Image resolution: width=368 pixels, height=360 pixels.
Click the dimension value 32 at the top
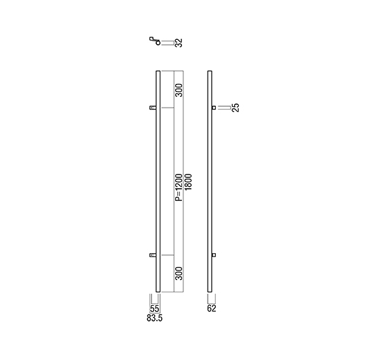pyautogui.click(x=179, y=43)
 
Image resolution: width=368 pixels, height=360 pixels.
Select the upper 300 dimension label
pyautogui.click(x=179, y=90)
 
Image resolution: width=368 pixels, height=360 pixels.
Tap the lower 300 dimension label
pyautogui.click(x=179, y=273)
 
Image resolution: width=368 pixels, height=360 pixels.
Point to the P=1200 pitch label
pyautogui.click(x=179, y=187)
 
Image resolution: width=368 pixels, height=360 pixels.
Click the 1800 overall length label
pyautogui.click(x=188, y=182)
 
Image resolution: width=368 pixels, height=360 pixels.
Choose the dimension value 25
pyautogui.click(x=235, y=108)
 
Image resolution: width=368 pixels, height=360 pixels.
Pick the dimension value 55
pyautogui.click(x=154, y=309)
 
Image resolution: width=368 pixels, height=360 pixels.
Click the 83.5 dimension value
pyautogui.click(x=154, y=318)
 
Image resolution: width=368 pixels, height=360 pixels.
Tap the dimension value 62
pyautogui.click(x=212, y=309)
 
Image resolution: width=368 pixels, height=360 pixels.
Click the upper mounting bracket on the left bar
pyautogui.click(x=153, y=108)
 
